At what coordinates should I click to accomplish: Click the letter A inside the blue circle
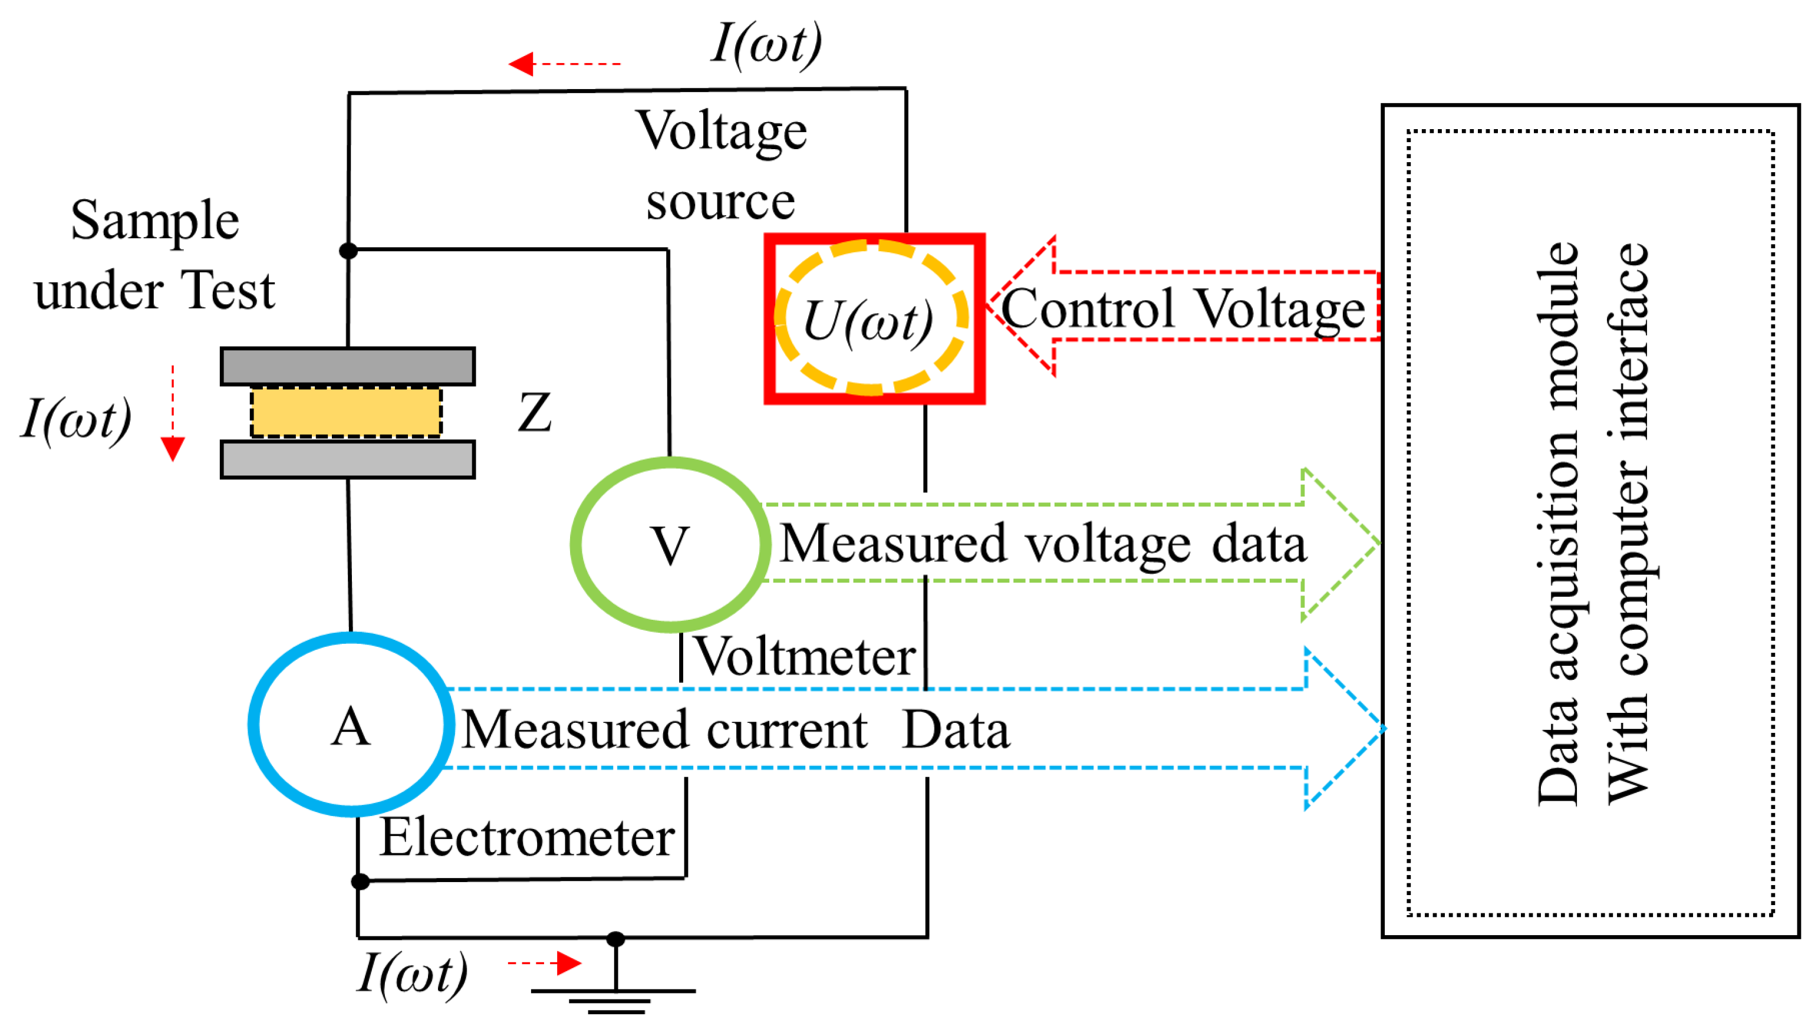(x=351, y=727)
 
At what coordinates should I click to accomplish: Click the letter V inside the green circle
(x=670, y=546)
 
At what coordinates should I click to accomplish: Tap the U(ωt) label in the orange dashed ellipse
(x=868, y=321)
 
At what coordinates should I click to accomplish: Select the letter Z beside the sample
(x=534, y=413)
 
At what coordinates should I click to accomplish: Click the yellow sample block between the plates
(x=345, y=412)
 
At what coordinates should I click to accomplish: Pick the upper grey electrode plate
(x=347, y=366)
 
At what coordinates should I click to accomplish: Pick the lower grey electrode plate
(x=347, y=460)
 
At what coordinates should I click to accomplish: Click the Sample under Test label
(x=154, y=255)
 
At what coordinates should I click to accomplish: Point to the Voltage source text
(x=720, y=166)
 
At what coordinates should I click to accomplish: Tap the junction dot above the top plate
(x=348, y=251)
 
